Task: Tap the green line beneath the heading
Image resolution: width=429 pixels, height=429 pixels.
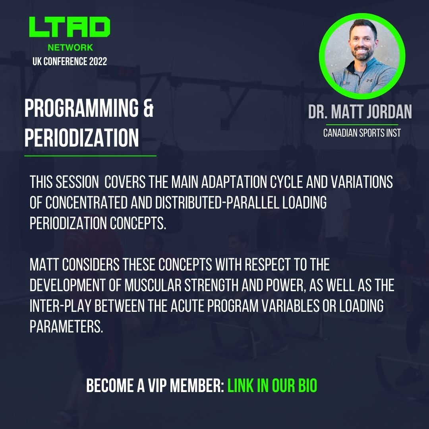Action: [x=90, y=156]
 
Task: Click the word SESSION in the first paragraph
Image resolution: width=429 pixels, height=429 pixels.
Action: [x=77, y=183]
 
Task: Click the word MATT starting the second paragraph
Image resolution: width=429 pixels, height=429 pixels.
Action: [x=44, y=265]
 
